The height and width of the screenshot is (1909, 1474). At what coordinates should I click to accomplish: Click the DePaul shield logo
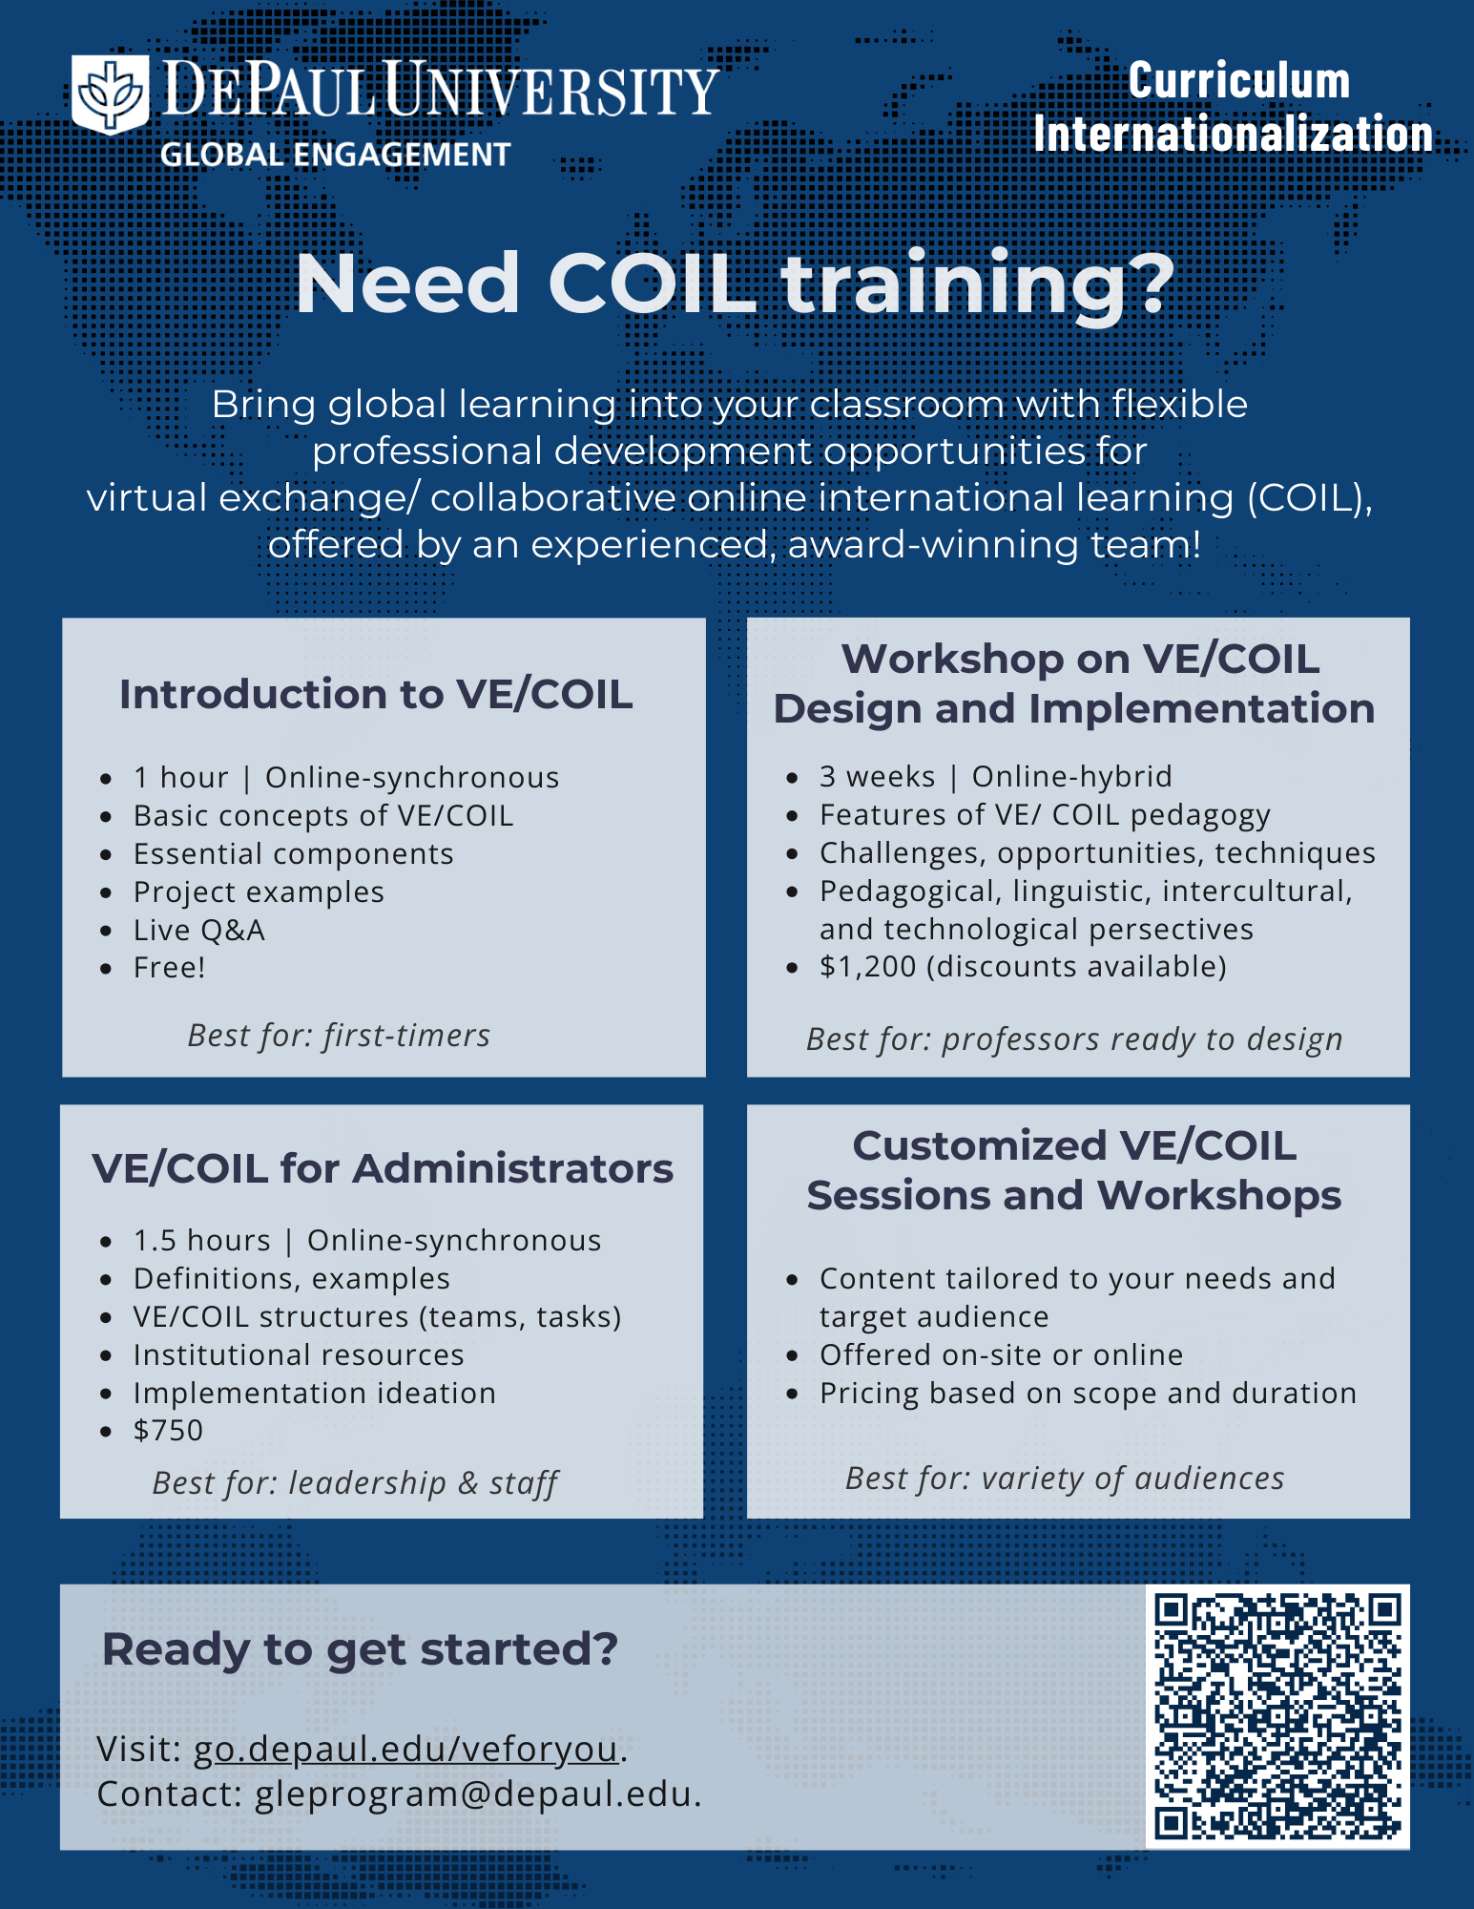(x=111, y=94)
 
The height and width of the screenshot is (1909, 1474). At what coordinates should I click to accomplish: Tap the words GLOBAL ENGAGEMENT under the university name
(x=335, y=155)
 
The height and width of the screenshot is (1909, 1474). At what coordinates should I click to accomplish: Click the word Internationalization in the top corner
(x=1233, y=134)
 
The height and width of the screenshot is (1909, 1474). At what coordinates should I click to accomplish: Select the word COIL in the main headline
(x=652, y=283)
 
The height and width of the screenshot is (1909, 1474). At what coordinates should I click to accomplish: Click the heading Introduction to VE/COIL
(x=376, y=694)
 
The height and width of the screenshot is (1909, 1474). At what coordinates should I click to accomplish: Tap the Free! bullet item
(x=170, y=967)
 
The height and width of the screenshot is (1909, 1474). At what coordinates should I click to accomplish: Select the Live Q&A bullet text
(x=199, y=930)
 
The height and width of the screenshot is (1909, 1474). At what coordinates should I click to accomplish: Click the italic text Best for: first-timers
(x=339, y=1035)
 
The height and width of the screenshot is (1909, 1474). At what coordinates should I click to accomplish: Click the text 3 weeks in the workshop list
(x=877, y=776)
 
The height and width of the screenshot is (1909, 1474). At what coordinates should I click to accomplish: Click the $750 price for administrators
(x=168, y=1430)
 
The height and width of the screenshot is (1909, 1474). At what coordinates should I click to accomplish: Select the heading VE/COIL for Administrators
(x=383, y=1168)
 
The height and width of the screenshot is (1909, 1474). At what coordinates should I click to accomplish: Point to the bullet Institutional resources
(x=299, y=1354)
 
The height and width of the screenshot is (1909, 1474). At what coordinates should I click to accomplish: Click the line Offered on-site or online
(x=1001, y=1354)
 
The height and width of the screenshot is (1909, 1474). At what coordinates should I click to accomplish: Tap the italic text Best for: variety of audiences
(x=1065, y=1479)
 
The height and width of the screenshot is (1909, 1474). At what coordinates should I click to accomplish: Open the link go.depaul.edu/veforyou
(x=406, y=1749)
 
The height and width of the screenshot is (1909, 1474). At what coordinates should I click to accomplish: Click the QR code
(x=1277, y=1716)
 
